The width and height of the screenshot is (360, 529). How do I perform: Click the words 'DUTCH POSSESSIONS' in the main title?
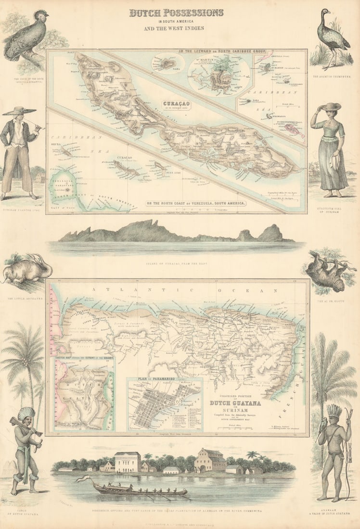(x=176, y=13)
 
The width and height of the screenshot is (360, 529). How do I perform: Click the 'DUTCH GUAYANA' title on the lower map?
(x=235, y=403)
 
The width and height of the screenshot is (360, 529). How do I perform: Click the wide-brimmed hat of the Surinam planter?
(x=19, y=111)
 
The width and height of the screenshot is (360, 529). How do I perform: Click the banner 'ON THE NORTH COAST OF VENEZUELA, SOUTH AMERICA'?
(x=195, y=203)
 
